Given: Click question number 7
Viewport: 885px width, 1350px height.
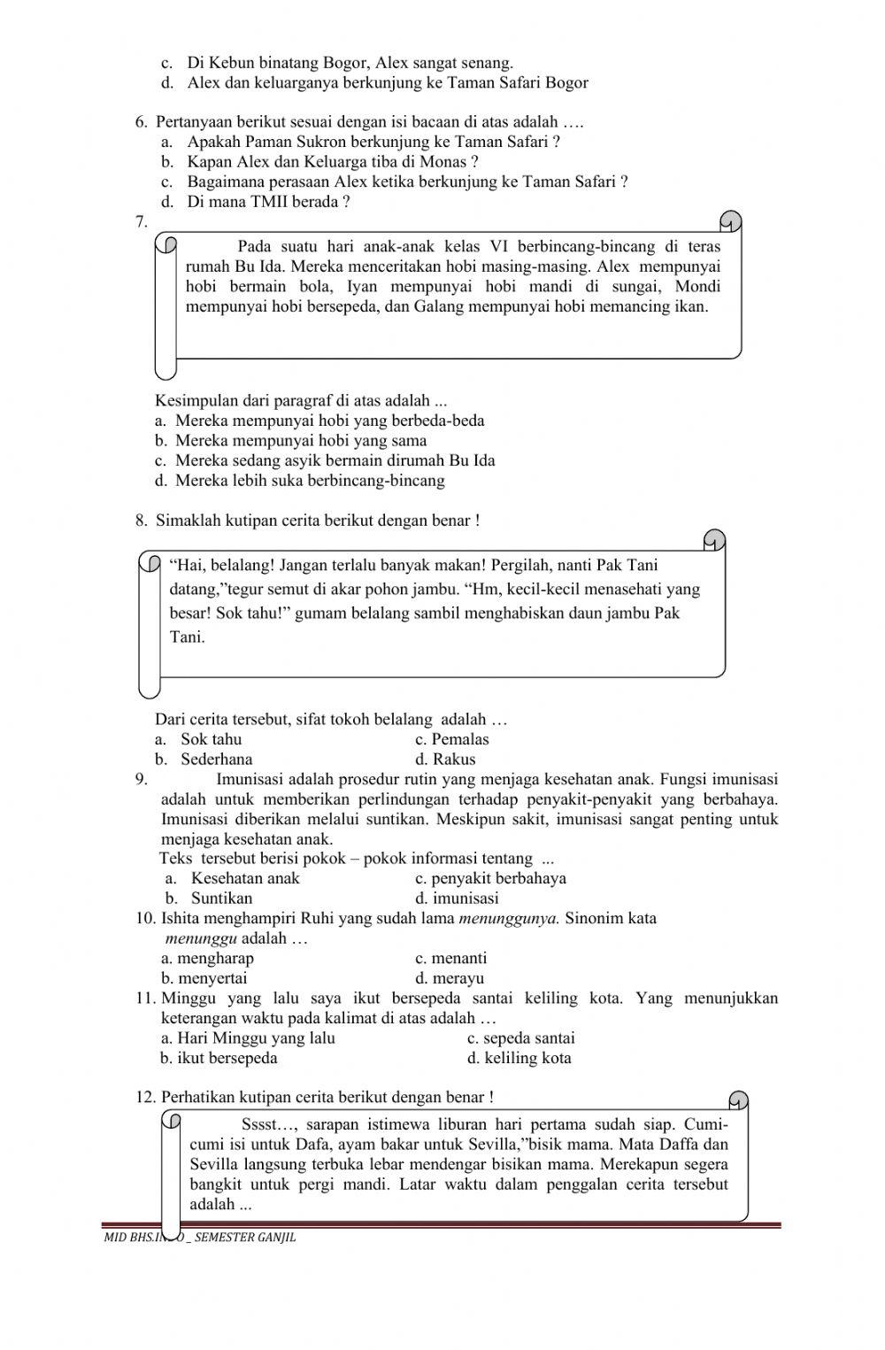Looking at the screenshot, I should click(141, 222).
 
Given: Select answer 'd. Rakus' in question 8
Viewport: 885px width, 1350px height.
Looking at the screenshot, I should click(445, 760).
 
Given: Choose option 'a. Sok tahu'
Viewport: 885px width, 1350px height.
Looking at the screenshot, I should click(198, 739).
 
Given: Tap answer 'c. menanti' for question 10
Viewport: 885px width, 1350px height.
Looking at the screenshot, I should click(450, 958).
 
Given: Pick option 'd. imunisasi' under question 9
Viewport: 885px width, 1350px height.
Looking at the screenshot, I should click(457, 899).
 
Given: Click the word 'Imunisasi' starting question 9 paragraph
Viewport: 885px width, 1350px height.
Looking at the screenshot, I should click(252, 779).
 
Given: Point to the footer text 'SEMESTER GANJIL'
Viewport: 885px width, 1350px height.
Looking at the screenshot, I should click(245, 1238).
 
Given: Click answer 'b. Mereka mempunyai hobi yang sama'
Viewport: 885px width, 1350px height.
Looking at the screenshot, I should click(290, 441).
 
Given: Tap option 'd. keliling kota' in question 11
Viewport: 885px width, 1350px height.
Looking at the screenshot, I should click(519, 1058).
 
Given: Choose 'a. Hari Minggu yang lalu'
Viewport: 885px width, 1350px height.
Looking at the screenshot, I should click(248, 1038).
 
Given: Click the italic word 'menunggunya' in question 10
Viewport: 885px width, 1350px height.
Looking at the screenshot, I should click(509, 918).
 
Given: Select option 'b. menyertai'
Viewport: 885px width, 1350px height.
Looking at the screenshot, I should click(204, 978).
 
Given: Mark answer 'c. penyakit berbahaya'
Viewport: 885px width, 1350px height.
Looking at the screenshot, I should click(490, 878).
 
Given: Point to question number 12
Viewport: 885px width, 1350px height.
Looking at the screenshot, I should click(145, 1098).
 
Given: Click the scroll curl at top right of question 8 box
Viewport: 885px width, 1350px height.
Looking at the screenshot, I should click(714, 540).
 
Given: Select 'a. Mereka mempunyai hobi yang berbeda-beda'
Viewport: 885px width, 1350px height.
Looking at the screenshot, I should click(319, 420).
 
